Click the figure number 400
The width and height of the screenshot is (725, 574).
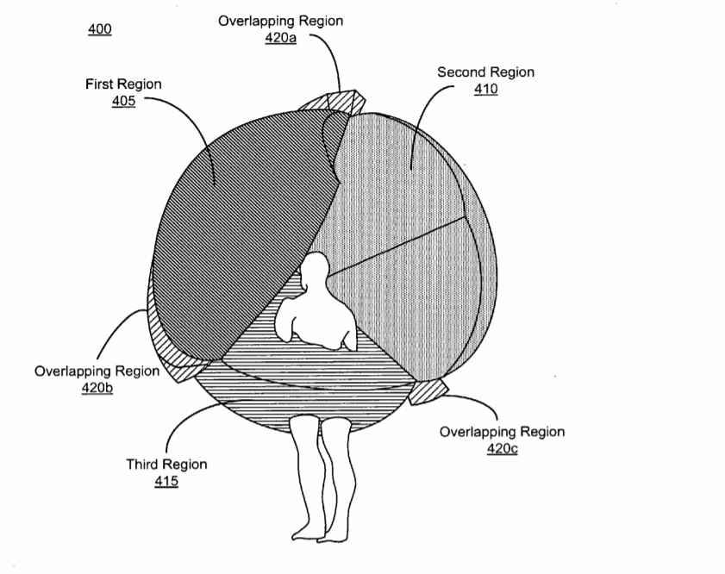click(100, 29)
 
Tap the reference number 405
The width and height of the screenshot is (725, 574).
click(123, 101)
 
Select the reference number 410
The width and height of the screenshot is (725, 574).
click(486, 89)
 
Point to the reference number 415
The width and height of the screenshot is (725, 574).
click(166, 481)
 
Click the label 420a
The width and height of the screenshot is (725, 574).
click(281, 37)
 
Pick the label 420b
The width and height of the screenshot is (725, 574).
click(97, 388)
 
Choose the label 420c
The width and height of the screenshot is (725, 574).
click(502, 448)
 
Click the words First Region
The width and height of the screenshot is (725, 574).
click(123, 84)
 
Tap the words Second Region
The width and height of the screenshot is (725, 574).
click(486, 72)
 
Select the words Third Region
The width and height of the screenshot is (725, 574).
click(166, 464)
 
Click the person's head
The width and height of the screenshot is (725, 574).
click(315, 268)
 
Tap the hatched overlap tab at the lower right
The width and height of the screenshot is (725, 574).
click(428, 392)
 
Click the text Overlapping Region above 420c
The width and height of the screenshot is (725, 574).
click(502, 432)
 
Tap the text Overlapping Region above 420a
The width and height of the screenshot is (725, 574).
click(281, 21)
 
